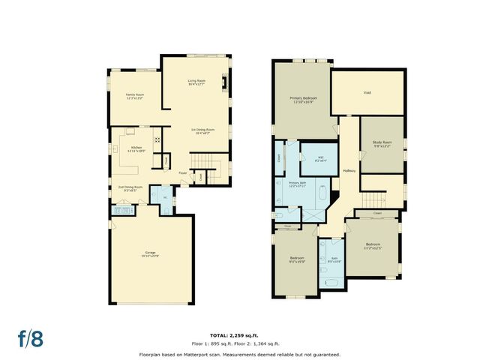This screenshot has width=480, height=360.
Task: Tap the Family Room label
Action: point(135,96)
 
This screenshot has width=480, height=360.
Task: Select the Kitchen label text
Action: point(136,148)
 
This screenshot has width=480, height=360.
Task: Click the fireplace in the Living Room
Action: point(223,83)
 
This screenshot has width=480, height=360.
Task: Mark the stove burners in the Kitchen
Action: point(157,138)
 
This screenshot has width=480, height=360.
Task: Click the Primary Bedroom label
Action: point(301,100)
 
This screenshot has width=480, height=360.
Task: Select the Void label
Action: point(367,93)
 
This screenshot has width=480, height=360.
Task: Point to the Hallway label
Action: point(349,171)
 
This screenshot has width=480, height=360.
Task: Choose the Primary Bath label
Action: point(298,184)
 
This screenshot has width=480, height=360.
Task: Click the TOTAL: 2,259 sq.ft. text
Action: point(238,334)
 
